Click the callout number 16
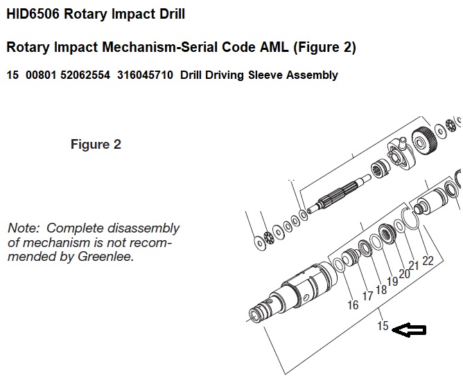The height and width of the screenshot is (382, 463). pyautogui.click(x=353, y=305)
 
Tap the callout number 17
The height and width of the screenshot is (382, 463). pyautogui.click(x=367, y=297)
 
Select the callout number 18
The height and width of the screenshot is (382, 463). pyautogui.click(x=381, y=289)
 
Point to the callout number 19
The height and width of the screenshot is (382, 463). pyautogui.click(x=392, y=281)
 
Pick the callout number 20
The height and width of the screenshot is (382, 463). pyautogui.click(x=403, y=274)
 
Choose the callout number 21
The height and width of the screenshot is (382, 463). pyautogui.click(x=414, y=266)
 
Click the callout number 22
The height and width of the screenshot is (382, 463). pyautogui.click(x=427, y=260)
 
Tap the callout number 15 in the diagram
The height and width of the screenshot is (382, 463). pyautogui.click(x=382, y=327)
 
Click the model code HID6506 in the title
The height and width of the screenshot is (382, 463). pyautogui.click(x=35, y=14)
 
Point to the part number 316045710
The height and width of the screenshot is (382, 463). pyautogui.click(x=143, y=75)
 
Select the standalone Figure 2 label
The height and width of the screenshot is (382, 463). pyautogui.click(x=96, y=145)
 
